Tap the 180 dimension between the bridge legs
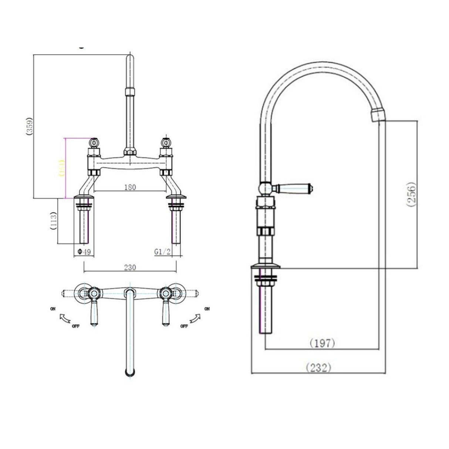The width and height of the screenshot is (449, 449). pos(130,187)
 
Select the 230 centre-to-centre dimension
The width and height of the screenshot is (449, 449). pos(130,267)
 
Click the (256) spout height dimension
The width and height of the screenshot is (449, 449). pos(413,195)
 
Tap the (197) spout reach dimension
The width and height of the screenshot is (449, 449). pos(322,343)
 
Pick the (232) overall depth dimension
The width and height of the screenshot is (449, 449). pos(318,368)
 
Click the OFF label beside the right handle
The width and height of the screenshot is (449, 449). pos(184,326)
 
